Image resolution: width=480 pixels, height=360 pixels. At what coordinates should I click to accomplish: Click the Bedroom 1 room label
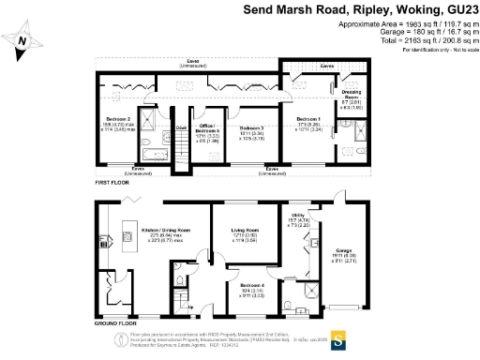click(x=308, y=119)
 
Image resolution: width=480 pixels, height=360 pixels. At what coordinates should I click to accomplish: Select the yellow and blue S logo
click(x=338, y=338)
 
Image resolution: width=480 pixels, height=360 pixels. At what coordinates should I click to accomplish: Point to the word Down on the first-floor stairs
click(x=182, y=127)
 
